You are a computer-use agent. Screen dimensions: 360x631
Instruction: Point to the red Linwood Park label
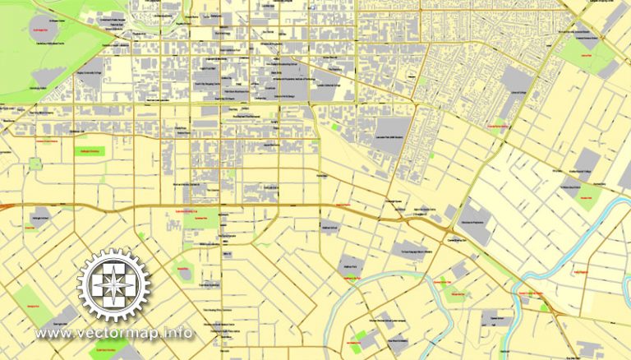[586, 54]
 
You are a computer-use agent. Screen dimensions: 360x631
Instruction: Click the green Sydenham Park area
[197, 219]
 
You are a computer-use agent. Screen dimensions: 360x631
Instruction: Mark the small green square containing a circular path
[35, 163]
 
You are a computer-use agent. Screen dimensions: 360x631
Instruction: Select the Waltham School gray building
[329, 228]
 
